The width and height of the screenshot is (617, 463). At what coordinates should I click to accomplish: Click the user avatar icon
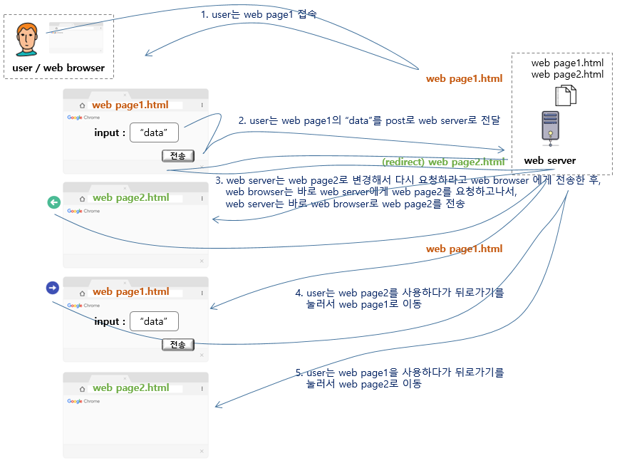click(x=27, y=39)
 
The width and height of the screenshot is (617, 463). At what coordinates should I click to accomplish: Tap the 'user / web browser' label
click(x=58, y=68)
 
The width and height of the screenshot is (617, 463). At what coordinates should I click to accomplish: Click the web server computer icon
click(x=549, y=128)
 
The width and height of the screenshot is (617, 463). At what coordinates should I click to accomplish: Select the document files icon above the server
click(x=565, y=95)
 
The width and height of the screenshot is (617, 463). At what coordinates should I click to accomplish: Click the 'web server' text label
click(x=549, y=160)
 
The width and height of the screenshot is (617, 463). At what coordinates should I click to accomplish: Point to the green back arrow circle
click(x=53, y=203)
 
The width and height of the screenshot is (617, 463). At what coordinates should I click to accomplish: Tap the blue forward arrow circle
click(x=52, y=288)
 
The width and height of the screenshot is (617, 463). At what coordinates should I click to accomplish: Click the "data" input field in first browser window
click(x=153, y=132)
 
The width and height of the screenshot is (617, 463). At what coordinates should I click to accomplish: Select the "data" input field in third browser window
click(x=153, y=321)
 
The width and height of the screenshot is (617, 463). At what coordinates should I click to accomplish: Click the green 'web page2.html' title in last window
click(x=131, y=387)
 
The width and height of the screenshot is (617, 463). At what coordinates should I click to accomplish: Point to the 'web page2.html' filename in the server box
click(x=567, y=74)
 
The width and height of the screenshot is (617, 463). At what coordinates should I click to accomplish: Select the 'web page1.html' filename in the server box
click(x=567, y=63)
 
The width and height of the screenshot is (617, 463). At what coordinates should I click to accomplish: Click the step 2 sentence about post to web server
click(x=369, y=120)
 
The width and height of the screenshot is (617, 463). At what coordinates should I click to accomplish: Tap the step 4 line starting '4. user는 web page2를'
click(x=399, y=293)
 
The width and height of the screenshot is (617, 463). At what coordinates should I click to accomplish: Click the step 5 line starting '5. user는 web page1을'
click(x=399, y=373)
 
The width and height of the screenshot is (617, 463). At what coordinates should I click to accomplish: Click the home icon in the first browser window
click(x=82, y=105)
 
